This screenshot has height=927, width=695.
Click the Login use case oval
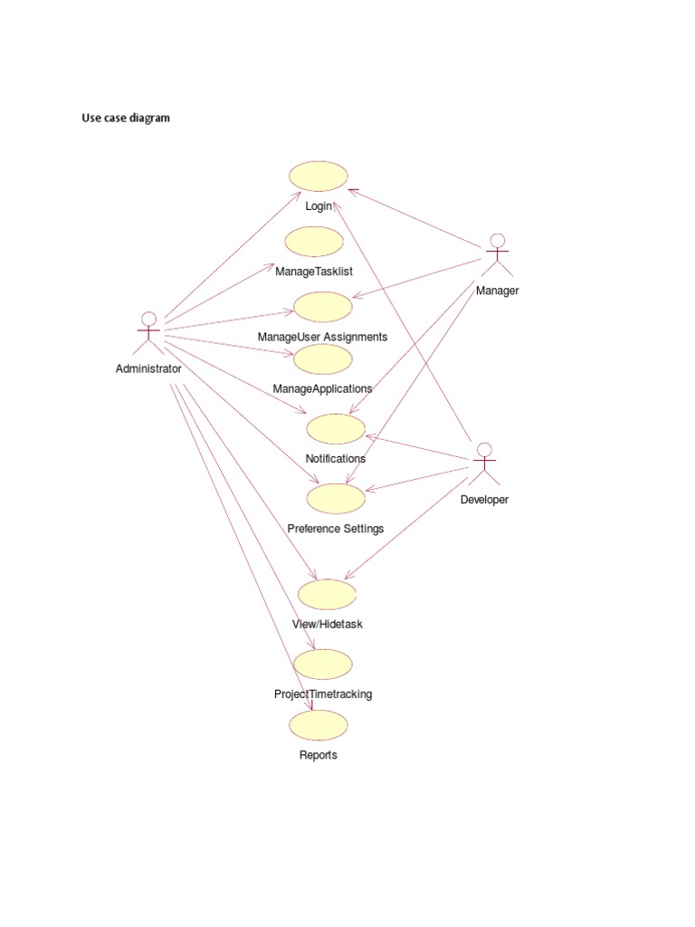click(318, 177)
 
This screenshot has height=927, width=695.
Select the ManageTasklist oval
click(314, 242)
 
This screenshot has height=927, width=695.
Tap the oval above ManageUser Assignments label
click(322, 307)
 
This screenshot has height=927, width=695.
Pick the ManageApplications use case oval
click(322, 359)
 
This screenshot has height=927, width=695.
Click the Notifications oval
click(336, 429)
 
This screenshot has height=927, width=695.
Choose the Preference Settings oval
click(336, 498)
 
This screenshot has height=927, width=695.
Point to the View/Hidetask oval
click(327, 595)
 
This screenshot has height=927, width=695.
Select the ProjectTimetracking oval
click(322, 664)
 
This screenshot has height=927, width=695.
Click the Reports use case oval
click(318, 725)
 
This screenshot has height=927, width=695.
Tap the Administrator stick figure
click(148, 333)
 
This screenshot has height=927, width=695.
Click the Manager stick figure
click(496, 254)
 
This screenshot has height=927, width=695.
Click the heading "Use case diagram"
click(126, 118)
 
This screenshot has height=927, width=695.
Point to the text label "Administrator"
click(148, 368)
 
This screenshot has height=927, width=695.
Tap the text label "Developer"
click(484, 500)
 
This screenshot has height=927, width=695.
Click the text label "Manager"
click(497, 291)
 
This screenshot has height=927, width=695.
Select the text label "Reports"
click(318, 755)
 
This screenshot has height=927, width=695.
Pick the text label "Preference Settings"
click(335, 529)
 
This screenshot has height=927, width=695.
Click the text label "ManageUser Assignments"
click(322, 337)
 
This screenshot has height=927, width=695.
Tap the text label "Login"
click(319, 206)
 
